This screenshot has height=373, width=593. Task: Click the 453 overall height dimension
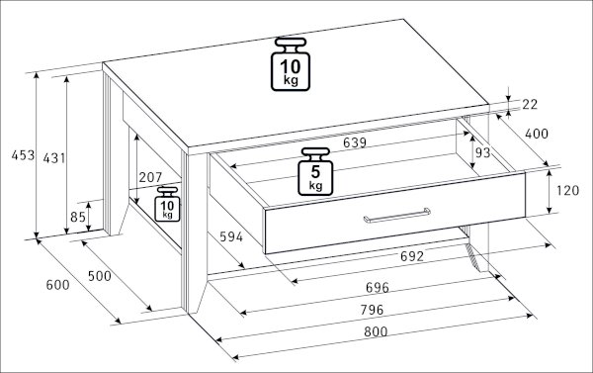(x=23, y=155)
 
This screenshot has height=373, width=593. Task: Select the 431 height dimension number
(x=54, y=158)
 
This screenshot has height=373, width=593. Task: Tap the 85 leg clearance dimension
(x=78, y=217)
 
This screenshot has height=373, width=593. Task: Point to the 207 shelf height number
(x=150, y=177)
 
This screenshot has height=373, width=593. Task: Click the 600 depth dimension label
(x=58, y=285)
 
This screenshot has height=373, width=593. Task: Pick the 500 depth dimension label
(x=100, y=276)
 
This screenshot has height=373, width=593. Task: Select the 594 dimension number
(x=231, y=237)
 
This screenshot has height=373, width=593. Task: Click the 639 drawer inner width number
(x=355, y=142)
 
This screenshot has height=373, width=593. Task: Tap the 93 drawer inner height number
(x=482, y=152)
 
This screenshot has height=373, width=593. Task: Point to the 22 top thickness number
(x=530, y=105)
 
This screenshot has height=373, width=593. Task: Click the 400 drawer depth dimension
(x=537, y=134)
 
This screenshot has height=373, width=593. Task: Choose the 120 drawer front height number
(x=567, y=191)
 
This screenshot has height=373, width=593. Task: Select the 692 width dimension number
(x=412, y=256)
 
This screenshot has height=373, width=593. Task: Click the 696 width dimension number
(x=378, y=288)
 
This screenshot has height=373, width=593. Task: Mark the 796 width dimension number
(x=372, y=310)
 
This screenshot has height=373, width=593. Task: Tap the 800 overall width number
(x=376, y=332)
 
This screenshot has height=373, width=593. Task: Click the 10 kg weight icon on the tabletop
(x=291, y=64)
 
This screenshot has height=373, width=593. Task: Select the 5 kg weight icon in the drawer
(x=315, y=171)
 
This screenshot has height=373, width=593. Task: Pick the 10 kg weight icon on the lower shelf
(x=167, y=204)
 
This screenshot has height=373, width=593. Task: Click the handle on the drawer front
(x=396, y=215)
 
